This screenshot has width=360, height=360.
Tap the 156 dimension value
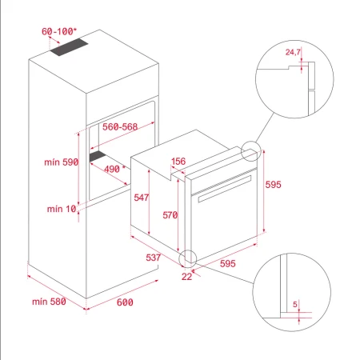pyautogui.click(x=179, y=162)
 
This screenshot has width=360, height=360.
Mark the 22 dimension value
pyautogui.click(x=186, y=276)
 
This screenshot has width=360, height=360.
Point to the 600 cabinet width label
pyautogui.click(x=125, y=302)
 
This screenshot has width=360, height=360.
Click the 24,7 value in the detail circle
pyautogui.click(x=294, y=52)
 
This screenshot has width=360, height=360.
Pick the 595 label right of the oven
pyautogui.click(x=274, y=185)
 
